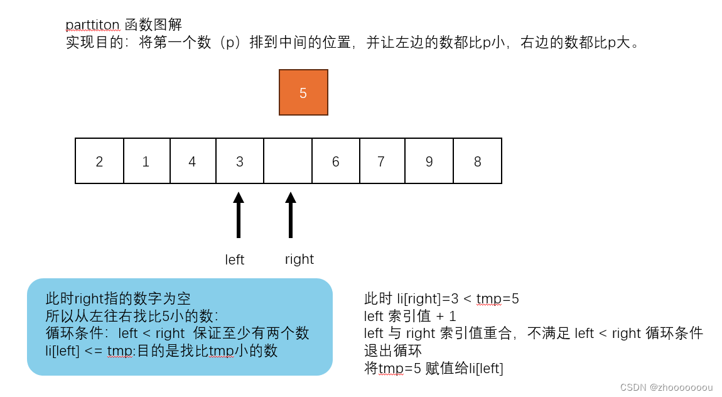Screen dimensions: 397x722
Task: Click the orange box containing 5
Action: coord(303,92)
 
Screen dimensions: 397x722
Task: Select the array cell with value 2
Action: coord(99,161)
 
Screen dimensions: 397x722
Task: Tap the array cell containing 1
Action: coord(146,161)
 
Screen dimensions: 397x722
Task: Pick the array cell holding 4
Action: coord(193,161)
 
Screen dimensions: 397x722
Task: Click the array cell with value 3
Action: coord(240,161)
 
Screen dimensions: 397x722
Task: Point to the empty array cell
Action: coord(288,161)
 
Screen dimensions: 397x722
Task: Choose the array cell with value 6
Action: coord(336,161)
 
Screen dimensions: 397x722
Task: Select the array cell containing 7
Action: coord(382,161)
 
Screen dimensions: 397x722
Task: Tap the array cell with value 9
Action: coord(429,161)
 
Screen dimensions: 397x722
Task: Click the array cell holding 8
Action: coord(477,161)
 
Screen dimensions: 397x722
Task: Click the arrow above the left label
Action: coord(239,215)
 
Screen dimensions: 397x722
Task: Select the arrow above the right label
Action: coord(290,215)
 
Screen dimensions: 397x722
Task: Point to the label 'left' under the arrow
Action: coord(234,260)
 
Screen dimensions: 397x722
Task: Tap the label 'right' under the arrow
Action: coord(299,259)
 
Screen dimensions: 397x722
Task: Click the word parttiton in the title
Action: coord(92,25)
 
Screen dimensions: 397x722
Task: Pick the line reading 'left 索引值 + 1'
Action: coord(410,316)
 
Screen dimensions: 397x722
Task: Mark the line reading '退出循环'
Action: coord(392,351)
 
